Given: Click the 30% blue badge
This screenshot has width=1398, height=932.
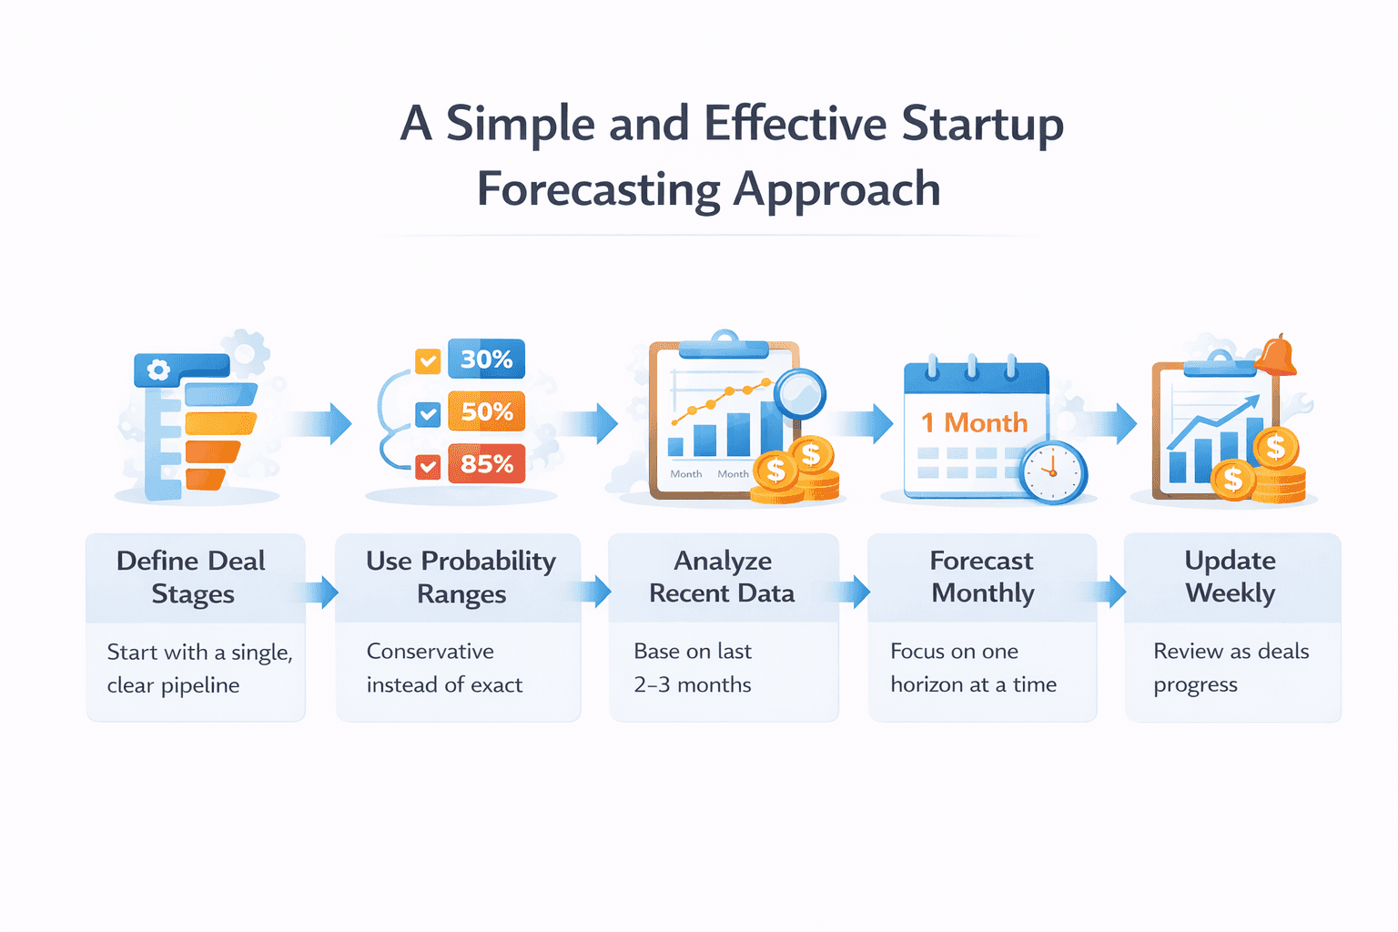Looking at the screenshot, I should click(486, 360).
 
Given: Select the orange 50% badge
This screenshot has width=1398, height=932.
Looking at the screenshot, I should click(486, 412).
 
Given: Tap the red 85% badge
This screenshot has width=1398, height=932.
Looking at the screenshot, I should click(486, 464).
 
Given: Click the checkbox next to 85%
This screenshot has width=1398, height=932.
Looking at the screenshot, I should click(428, 467).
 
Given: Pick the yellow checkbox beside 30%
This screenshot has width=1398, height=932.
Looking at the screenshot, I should click(428, 361).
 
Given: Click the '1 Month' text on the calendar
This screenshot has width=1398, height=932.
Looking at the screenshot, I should click(974, 423).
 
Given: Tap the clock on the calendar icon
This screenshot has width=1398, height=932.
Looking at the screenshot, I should click(1053, 472).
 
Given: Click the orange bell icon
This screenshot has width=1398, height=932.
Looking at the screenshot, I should click(1276, 355).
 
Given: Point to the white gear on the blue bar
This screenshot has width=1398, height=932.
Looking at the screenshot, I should click(158, 370).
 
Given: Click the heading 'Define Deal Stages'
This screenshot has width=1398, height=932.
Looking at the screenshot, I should click(192, 577).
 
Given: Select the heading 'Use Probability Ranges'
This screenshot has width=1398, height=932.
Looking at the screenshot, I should click(461, 577).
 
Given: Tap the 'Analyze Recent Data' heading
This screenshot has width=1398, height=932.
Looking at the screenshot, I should click(722, 577).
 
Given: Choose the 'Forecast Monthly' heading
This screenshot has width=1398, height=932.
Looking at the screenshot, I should click(982, 577).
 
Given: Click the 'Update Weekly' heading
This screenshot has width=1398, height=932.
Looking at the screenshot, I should click(1231, 577).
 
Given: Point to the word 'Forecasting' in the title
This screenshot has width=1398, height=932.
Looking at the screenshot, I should click(598, 189).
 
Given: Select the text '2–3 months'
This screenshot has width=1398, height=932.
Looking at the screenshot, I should click(693, 684).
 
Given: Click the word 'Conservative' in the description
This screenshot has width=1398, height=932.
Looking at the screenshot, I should click(431, 652).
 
